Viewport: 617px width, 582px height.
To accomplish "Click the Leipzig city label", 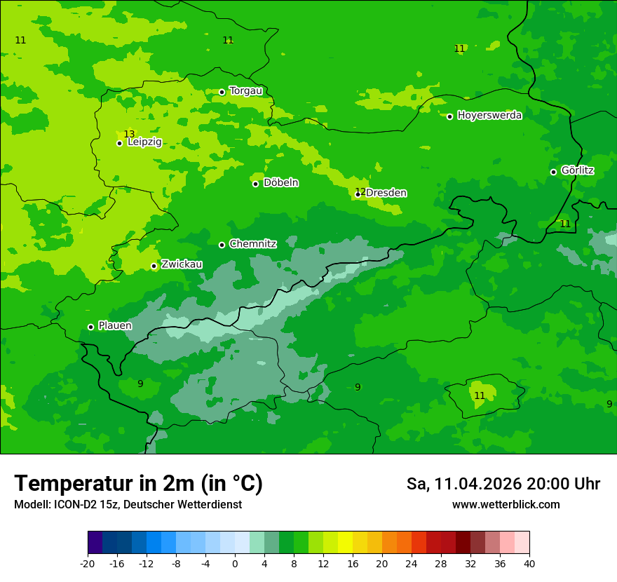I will pyautogui.click(x=144, y=142).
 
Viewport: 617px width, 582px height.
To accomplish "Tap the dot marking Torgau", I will pyautogui.click(x=222, y=92).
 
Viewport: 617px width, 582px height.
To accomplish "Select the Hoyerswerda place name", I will pyautogui.click(x=489, y=116).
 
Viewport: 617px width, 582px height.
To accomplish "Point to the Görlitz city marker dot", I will pyautogui.click(x=553, y=172).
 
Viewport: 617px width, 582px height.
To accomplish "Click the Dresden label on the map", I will pyautogui.click(x=386, y=193).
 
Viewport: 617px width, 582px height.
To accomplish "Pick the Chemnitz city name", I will pyautogui.click(x=252, y=244).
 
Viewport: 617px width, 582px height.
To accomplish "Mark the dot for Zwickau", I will pyautogui.click(x=154, y=266).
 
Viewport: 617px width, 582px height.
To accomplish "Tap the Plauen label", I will pyautogui.click(x=115, y=325).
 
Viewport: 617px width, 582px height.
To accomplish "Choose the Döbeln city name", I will pyautogui.click(x=280, y=183).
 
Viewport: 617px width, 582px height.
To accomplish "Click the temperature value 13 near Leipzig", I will pyautogui.click(x=129, y=134).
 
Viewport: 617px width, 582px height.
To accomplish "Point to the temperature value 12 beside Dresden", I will pyautogui.click(x=360, y=191).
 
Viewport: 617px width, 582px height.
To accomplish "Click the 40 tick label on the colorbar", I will pyautogui.click(x=529, y=564).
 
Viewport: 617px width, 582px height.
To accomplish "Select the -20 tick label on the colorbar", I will pyautogui.click(x=88, y=564).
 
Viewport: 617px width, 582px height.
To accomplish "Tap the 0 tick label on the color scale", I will pyautogui.click(x=235, y=564).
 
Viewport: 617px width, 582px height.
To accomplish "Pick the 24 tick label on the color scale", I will pyautogui.click(x=412, y=564).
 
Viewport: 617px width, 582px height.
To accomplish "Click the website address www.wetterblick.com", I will pyautogui.click(x=506, y=505).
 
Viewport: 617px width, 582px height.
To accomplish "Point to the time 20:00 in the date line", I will pyautogui.click(x=553, y=484).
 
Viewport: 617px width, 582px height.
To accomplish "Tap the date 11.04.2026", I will pyautogui.click(x=478, y=484).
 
